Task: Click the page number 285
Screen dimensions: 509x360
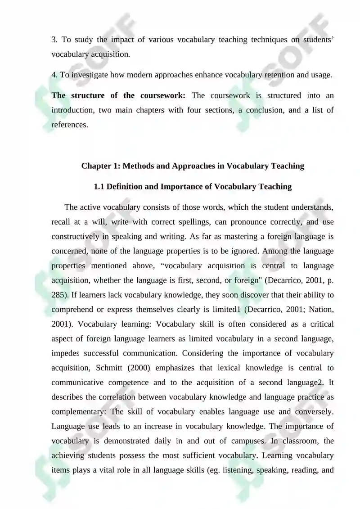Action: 58,295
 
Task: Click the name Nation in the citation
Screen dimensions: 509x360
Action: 320,309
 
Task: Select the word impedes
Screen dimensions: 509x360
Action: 67,353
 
